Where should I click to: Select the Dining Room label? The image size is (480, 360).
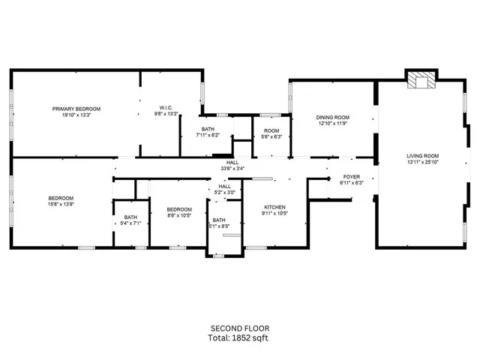[x=332, y=117]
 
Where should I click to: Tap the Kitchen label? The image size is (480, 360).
[x=274, y=207]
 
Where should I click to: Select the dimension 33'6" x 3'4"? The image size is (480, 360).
[x=232, y=169]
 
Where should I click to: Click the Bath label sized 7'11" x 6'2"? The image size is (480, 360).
[x=207, y=129]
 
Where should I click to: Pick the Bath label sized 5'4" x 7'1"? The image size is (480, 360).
[x=130, y=217]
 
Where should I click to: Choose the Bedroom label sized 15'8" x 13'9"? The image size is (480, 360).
[x=61, y=198]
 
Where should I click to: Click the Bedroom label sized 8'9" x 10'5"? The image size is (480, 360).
[x=179, y=209]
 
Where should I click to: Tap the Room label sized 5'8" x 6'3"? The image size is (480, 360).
[x=271, y=130]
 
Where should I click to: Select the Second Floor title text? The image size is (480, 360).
[x=239, y=328]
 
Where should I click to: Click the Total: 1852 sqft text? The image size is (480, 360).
[x=239, y=338]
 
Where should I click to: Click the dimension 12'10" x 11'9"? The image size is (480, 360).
[x=332, y=124]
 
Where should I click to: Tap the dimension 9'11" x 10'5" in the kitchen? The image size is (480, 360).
[x=274, y=214]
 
